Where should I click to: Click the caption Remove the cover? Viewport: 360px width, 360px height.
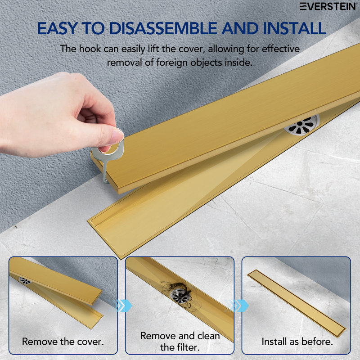click(63, 342)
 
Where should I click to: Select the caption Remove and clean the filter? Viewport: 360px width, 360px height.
click(180, 341)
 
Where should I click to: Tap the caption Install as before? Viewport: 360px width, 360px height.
click(297, 342)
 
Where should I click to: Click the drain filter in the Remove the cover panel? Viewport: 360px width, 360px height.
click(26, 280)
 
